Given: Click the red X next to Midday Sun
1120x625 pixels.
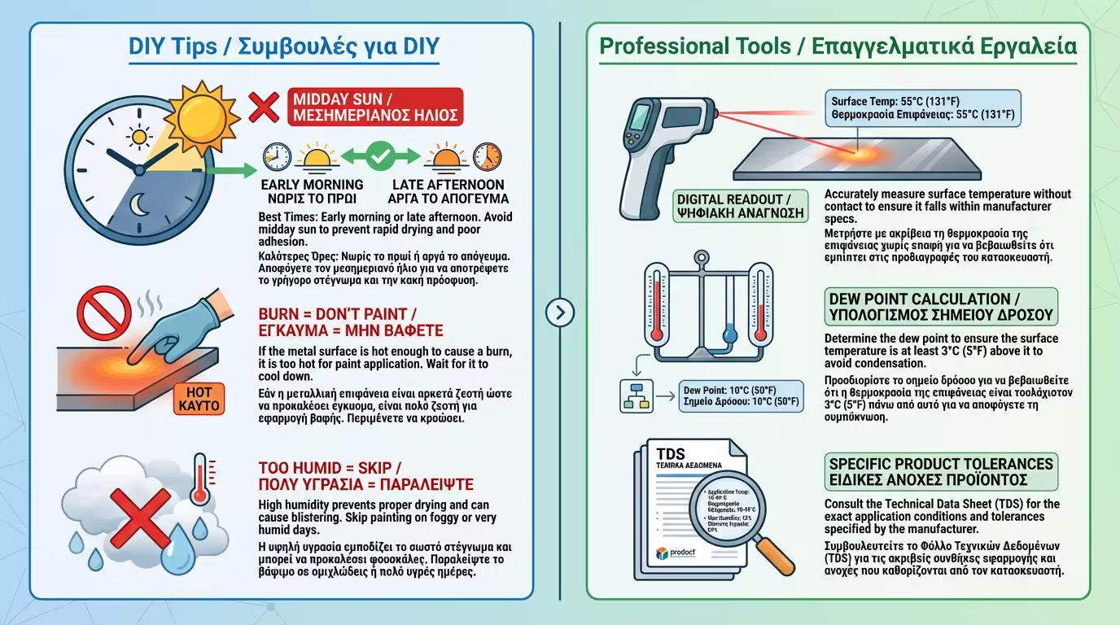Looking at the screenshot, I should pyautogui.click(x=263, y=107).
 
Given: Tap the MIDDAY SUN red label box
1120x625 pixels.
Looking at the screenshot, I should pyautogui.click(x=376, y=107).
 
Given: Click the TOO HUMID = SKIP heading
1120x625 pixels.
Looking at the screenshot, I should pyautogui.click(x=365, y=476).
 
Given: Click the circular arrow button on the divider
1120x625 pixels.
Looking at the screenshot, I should pyautogui.click(x=560, y=312).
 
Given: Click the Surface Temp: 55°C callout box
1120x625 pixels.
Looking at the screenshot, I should pyautogui.click(x=923, y=109).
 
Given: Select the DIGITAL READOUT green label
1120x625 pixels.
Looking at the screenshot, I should pyautogui.click(x=742, y=206).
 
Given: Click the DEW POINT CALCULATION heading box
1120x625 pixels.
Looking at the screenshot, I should pyautogui.click(x=940, y=307).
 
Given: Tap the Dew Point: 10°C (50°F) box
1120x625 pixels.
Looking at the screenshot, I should pyautogui.click(x=740, y=394).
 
